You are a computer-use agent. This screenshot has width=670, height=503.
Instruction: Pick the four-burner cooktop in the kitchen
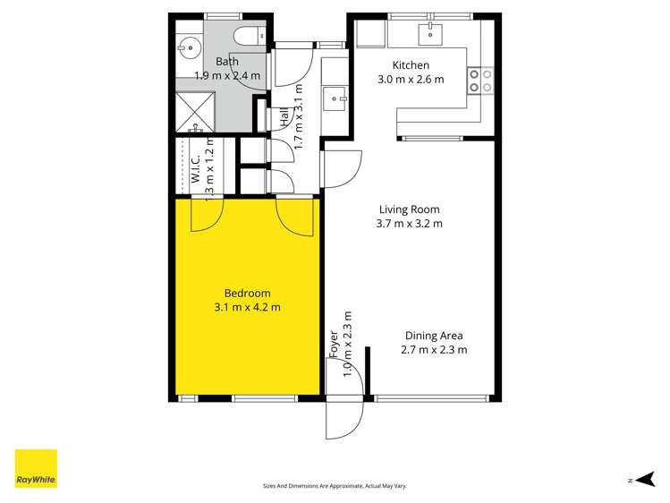(480, 81)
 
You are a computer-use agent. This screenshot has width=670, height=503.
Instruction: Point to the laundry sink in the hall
(335, 96)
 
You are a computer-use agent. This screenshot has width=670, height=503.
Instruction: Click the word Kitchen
(411, 65)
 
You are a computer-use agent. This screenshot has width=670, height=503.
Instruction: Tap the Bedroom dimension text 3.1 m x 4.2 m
(247, 307)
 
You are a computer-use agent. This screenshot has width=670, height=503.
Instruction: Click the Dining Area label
(433, 336)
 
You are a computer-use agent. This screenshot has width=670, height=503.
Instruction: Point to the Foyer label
(334, 345)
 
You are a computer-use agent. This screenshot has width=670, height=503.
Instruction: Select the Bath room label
(226, 62)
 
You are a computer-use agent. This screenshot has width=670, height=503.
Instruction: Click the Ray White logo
(36, 469)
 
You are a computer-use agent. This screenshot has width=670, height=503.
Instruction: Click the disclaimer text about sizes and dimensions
(335, 486)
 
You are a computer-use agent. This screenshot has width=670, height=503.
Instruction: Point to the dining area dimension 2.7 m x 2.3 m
(433, 350)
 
